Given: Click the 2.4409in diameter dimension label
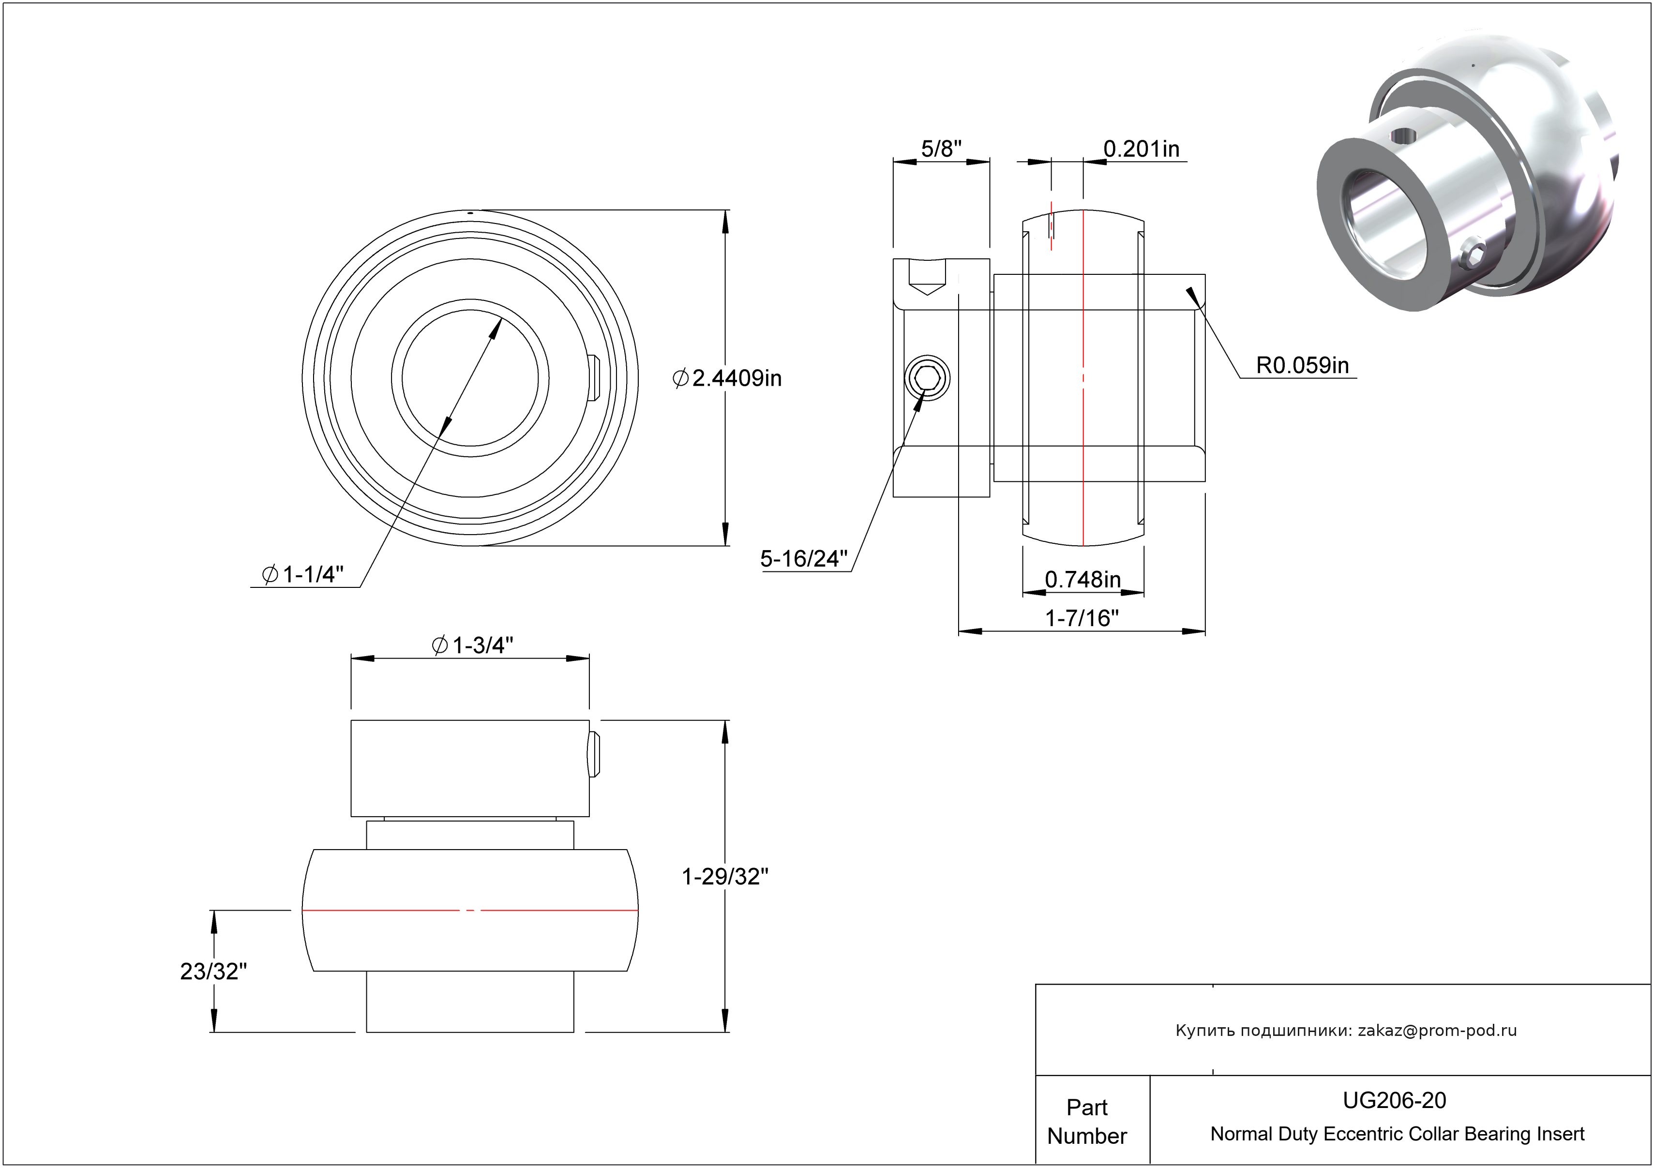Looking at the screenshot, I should [728, 378].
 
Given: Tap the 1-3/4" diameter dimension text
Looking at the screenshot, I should [473, 644].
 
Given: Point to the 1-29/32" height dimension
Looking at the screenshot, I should [725, 876].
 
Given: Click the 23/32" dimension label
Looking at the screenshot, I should [213, 971].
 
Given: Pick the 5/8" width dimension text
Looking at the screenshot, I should [941, 149].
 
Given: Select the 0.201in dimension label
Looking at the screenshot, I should [1141, 149].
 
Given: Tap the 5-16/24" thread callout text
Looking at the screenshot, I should [804, 558].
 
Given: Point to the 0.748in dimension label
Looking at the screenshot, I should [1082, 579].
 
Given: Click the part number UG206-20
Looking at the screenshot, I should [1394, 1100].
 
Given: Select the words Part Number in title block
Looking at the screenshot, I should [1087, 1121].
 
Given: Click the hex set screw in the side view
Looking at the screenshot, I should [927, 378].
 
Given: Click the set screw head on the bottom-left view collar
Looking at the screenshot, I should [594, 754].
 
